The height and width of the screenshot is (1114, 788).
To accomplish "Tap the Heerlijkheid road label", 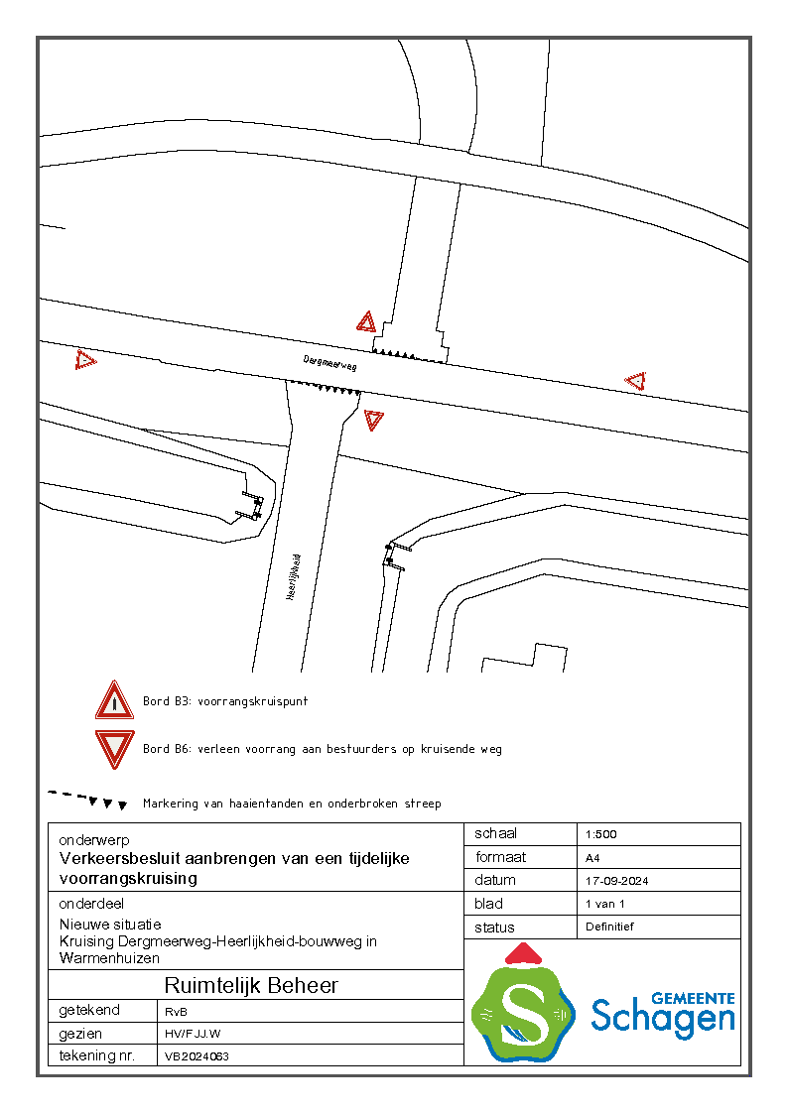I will (x=293, y=576).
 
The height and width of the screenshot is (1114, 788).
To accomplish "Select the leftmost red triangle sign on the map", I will (x=85, y=360).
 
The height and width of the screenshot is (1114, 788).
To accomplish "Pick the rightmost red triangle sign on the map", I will (x=635, y=381).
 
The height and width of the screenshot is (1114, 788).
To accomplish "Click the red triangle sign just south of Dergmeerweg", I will (x=373, y=420).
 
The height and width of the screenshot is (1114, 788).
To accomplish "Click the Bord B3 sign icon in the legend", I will (x=115, y=701).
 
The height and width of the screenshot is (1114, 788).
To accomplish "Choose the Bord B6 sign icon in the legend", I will (x=115, y=749).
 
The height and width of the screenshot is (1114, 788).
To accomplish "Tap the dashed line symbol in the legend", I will (x=87, y=799).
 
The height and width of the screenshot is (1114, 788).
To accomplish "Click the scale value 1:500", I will (x=601, y=834).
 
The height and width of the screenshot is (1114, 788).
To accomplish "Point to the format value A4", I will (x=593, y=858).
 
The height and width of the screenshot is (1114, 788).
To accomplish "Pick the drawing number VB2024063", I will (x=197, y=1056).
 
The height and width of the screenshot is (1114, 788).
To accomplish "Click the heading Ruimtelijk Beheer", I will (x=251, y=986).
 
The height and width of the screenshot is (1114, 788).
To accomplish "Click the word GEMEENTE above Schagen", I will (x=693, y=998).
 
